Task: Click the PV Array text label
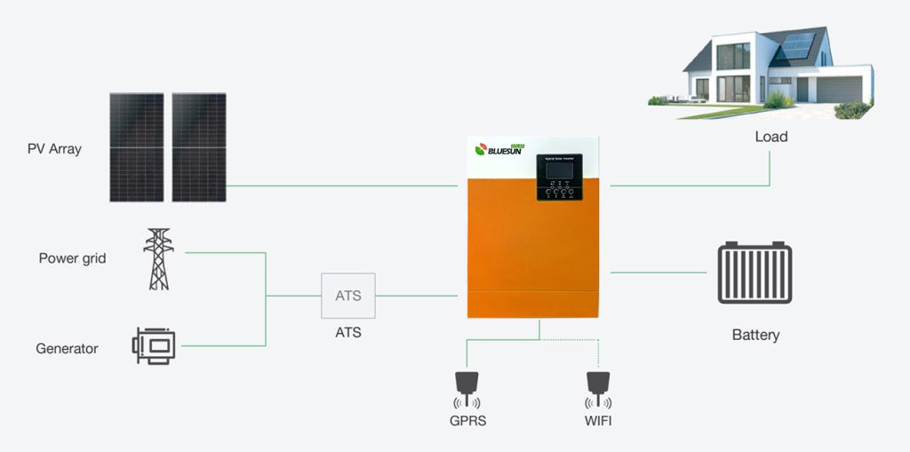54,148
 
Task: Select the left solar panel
137,147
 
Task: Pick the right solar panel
199,147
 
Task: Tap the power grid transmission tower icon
157,259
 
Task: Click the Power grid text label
72,258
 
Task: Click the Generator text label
67,349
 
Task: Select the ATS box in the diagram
348,295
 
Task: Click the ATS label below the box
348,333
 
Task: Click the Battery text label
755,335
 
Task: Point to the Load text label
770,137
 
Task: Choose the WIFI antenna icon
598,387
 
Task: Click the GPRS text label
467,420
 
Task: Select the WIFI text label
598,420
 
